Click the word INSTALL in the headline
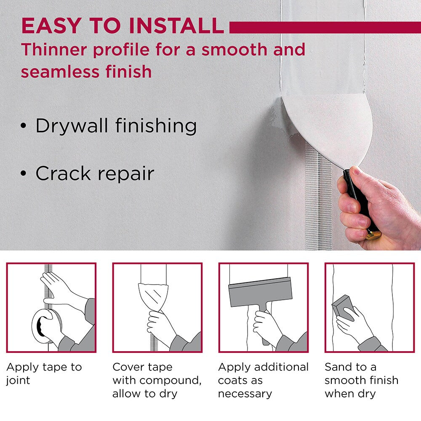click(x=176, y=26)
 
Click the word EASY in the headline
click(x=51, y=26)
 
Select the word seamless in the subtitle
click(x=60, y=72)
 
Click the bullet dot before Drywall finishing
click(x=24, y=125)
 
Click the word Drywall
click(x=72, y=125)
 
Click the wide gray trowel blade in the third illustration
click(x=260, y=292)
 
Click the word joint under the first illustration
click(x=18, y=381)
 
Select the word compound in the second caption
click(x=170, y=381)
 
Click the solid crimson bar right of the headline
click(x=325, y=27)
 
